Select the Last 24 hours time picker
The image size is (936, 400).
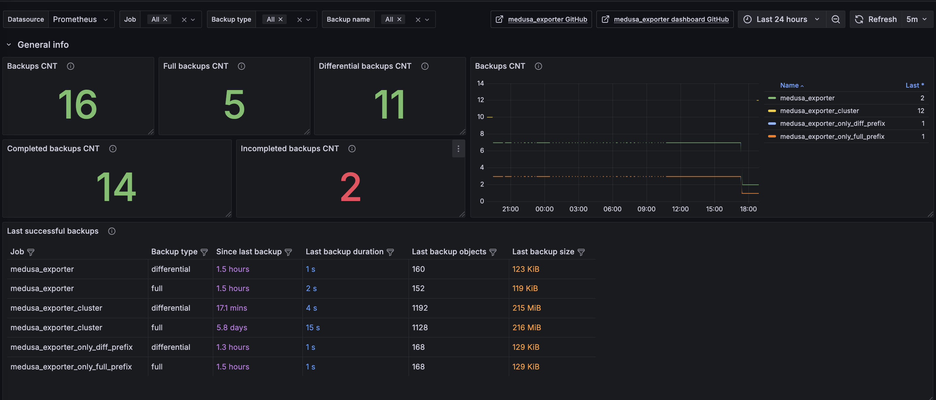781,19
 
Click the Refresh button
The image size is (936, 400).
876,19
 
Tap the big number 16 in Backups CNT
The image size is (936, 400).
78,105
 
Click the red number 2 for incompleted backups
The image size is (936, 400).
351,187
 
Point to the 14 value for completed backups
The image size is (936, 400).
116,187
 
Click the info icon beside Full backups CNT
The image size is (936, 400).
241,66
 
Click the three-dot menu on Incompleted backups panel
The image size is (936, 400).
458,148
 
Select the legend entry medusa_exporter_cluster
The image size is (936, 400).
819,111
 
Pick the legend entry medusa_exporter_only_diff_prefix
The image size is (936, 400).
832,123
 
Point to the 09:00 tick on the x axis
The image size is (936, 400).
647,209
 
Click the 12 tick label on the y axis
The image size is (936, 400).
480,100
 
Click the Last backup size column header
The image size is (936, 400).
543,252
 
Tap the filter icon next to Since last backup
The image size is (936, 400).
288,252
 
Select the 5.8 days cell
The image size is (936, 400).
232,327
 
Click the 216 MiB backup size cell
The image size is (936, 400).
526,327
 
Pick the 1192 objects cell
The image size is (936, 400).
420,308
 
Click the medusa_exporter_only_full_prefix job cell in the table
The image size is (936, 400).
71,367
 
